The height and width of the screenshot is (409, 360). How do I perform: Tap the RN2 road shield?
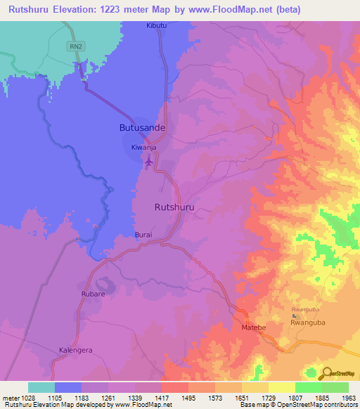coord(75,46)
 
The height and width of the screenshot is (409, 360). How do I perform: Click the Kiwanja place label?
coord(143,148)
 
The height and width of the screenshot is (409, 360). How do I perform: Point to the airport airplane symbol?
coord(148,162)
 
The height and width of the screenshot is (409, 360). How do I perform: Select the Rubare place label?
coord(93,294)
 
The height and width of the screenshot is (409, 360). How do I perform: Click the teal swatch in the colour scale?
coord(41,387)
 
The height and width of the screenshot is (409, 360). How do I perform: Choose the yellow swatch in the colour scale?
coord(281,387)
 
